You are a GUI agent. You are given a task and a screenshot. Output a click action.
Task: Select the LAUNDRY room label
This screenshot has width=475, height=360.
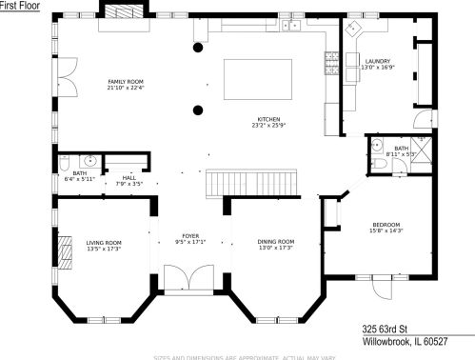pos(375,62)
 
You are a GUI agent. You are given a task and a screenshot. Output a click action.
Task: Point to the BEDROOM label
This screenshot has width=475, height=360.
pos(386,223)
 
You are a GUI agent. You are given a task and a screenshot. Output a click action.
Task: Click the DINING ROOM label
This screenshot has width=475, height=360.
pos(275,241)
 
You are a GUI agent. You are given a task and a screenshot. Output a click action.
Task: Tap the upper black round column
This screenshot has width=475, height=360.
pos(198,47)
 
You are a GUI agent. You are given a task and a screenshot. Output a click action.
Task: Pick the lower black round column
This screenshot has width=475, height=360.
pos(198,109)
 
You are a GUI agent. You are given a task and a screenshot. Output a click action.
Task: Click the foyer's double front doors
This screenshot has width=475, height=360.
pos(185,279)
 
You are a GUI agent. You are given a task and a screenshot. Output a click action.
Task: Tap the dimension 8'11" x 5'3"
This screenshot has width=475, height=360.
pos(401,154)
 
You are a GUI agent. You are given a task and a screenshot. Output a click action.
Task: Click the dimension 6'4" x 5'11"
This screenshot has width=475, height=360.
pos(72,177)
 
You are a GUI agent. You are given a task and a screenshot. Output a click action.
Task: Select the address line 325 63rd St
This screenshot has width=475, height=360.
pos(390,326)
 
